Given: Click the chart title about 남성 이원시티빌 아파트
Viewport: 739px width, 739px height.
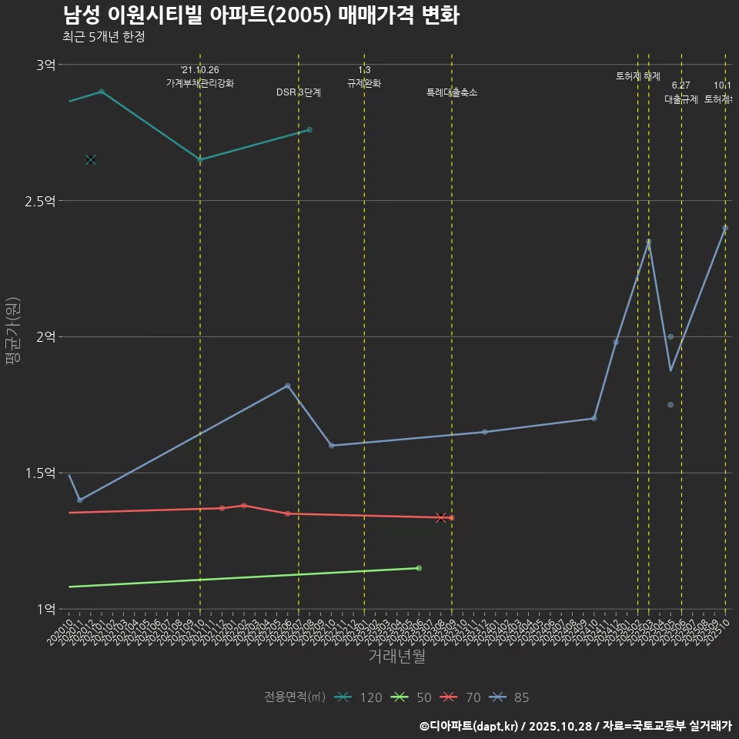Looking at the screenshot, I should click(261, 15).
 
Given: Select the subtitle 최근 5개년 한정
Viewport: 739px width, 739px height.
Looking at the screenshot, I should click(103, 36).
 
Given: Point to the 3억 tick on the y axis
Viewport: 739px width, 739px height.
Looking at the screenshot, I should click(45, 65).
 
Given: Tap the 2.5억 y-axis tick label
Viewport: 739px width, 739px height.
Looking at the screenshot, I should click(40, 201).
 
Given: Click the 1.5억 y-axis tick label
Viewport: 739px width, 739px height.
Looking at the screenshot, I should click(40, 473).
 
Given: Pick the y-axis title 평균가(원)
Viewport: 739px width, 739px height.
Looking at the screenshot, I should click(13, 336).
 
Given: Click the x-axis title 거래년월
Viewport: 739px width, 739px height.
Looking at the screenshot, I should click(396, 657).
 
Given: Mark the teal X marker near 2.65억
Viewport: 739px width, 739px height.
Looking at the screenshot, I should click(91, 159).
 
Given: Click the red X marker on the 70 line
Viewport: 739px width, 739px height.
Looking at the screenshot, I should click(441, 518).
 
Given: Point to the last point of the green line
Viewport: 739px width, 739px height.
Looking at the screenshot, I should click(419, 568).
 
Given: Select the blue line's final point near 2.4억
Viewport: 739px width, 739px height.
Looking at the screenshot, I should click(725, 228).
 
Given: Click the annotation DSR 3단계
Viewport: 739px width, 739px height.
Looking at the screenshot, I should click(299, 92).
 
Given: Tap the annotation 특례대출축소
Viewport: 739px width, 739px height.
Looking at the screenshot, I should click(452, 92).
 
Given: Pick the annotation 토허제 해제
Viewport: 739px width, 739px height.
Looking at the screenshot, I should click(638, 76).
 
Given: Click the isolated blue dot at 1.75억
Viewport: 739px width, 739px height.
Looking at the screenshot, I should click(670, 405).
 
